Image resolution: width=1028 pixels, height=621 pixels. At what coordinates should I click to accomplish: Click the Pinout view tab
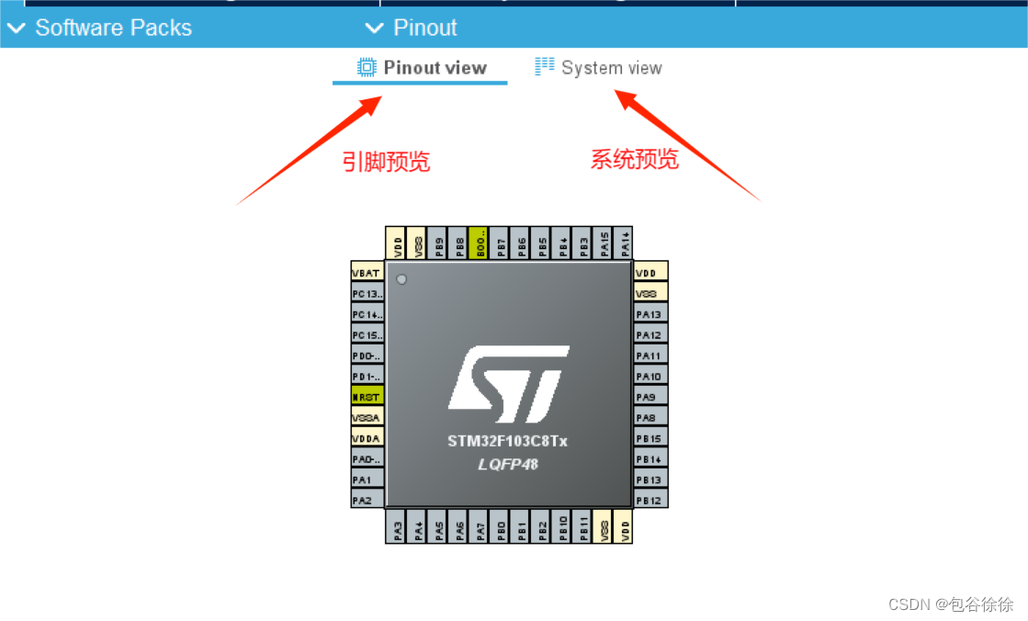click(x=422, y=68)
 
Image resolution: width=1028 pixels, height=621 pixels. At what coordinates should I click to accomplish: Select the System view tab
click(x=598, y=68)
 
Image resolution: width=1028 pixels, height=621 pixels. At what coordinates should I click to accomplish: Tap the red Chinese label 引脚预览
click(x=386, y=163)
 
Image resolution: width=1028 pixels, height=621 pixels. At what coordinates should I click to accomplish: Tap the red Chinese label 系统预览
click(x=634, y=160)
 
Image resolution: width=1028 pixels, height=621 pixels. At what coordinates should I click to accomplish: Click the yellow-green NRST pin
click(x=367, y=397)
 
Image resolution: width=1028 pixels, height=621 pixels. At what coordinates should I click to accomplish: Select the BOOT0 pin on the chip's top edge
click(x=479, y=243)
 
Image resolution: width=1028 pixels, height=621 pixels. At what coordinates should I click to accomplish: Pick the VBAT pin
click(x=367, y=273)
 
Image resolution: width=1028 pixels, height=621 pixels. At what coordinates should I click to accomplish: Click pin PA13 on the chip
click(x=650, y=314)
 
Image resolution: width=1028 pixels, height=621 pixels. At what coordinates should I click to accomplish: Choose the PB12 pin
click(x=650, y=501)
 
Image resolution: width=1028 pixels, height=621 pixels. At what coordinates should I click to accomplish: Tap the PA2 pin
click(x=367, y=501)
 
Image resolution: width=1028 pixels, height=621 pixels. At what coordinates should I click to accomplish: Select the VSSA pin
click(x=367, y=417)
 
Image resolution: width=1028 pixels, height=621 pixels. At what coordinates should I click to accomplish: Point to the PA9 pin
click(x=650, y=397)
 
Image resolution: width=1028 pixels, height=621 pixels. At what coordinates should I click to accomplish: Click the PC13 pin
click(x=367, y=293)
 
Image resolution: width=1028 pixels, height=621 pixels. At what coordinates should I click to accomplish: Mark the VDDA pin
click(x=367, y=438)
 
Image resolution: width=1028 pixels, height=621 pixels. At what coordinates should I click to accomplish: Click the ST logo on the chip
click(x=508, y=378)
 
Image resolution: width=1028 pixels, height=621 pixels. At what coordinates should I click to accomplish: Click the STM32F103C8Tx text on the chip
click(x=507, y=442)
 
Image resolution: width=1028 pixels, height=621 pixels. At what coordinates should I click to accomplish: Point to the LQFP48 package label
click(x=507, y=464)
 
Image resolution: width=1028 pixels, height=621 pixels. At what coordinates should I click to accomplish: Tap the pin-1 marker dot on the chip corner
click(x=401, y=279)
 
